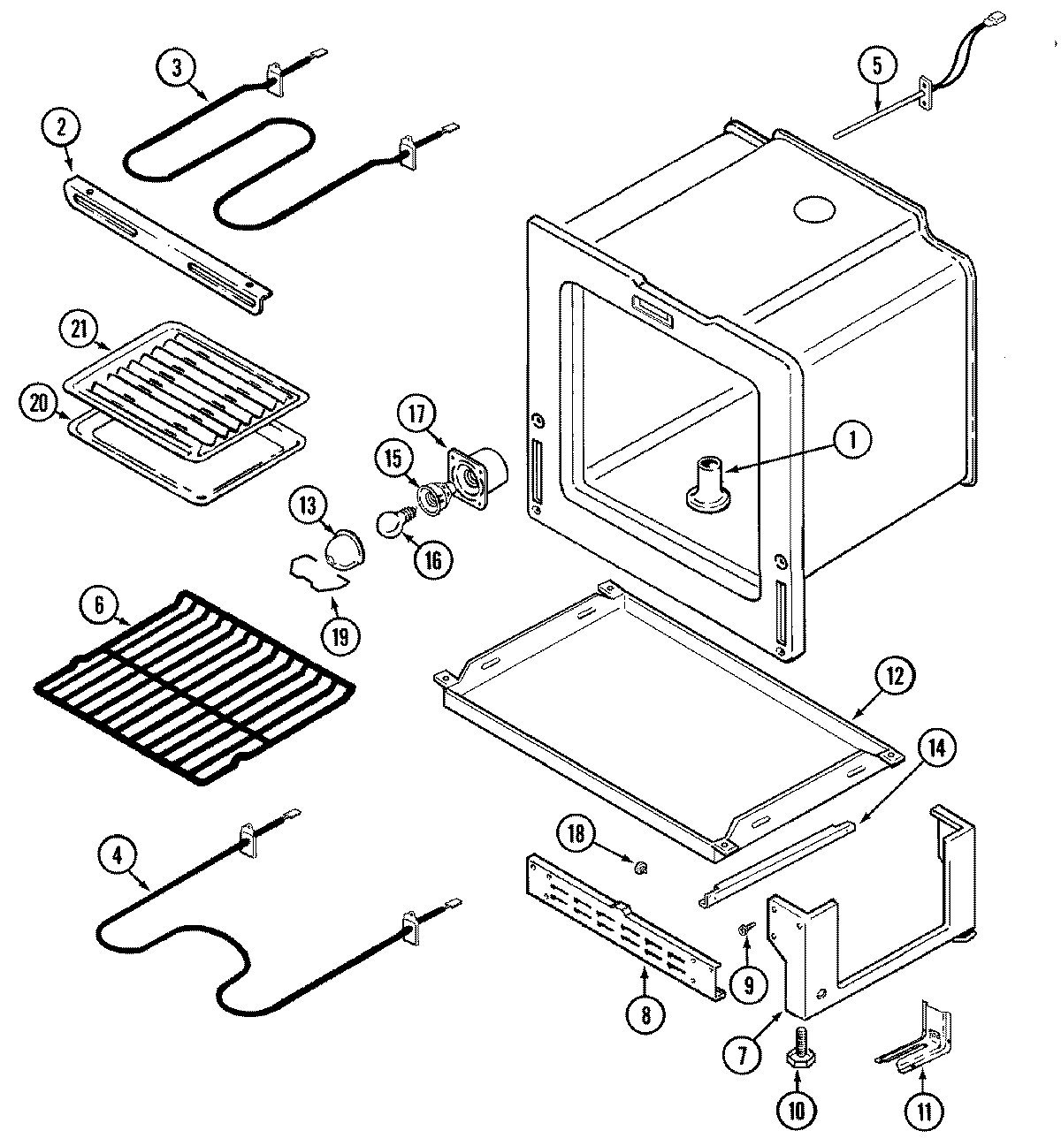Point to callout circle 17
coord(417,414)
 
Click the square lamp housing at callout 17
coord(477,471)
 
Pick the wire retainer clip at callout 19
coord(314,572)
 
